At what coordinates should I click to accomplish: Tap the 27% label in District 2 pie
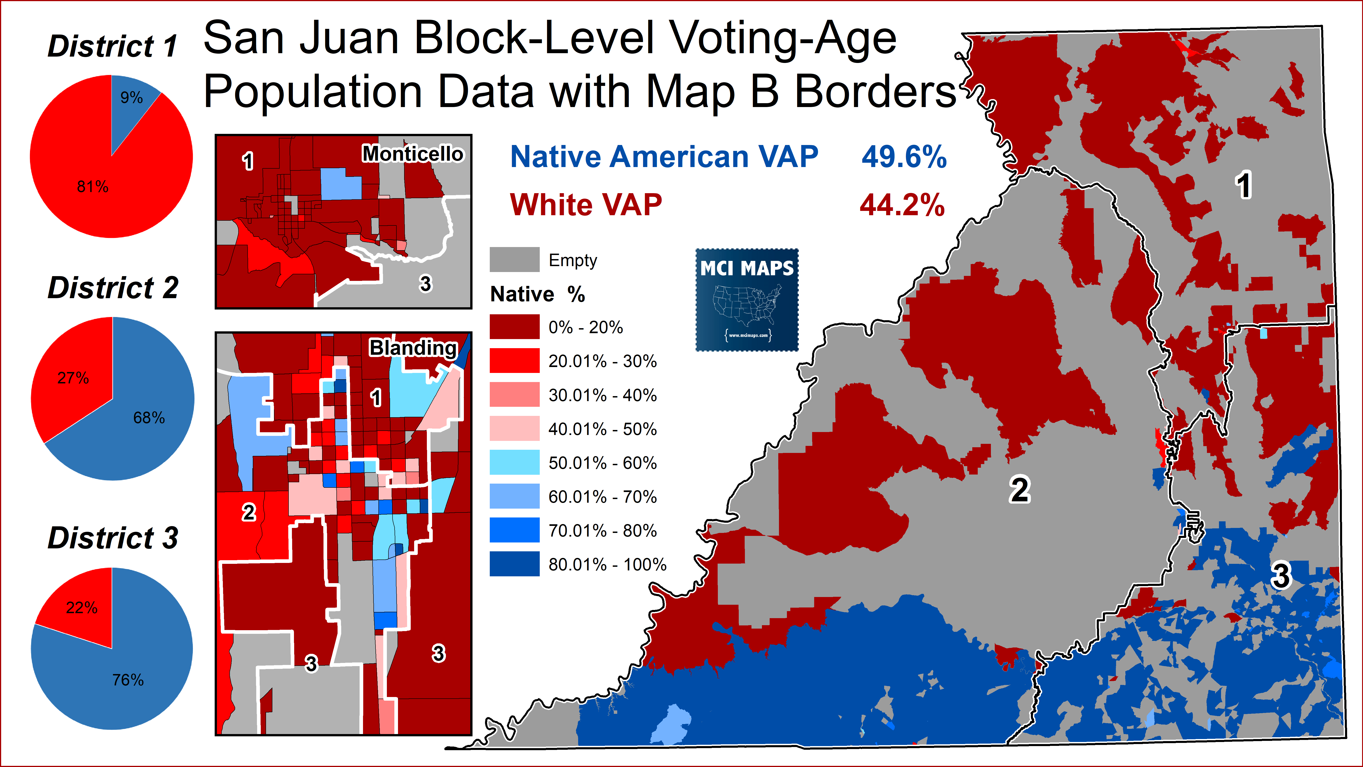click(x=73, y=378)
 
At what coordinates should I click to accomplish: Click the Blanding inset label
click(x=413, y=348)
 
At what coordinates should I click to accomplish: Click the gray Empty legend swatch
click(x=514, y=259)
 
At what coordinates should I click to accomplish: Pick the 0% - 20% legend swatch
click(x=514, y=327)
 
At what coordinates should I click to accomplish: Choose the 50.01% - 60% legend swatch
click(x=514, y=462)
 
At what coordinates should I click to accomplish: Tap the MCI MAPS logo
click(x=746, y=300)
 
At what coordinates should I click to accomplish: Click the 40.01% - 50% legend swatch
click(x=514, y=428)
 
